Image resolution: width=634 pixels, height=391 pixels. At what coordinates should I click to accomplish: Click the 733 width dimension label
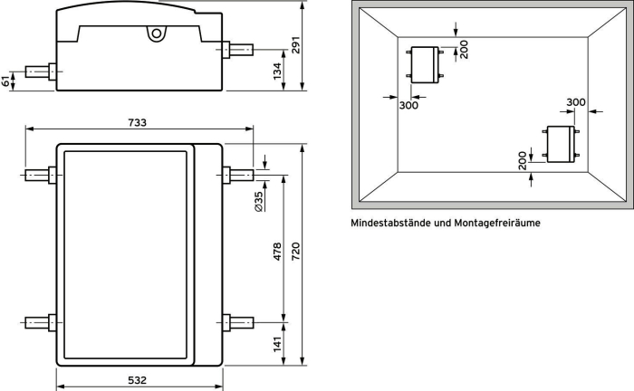(138, 122)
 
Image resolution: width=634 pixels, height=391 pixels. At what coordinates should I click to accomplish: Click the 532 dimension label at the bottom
(138, 380)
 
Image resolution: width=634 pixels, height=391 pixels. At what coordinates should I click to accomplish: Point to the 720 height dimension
(295, 251)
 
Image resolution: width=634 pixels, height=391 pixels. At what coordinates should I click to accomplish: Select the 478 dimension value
(277, 251)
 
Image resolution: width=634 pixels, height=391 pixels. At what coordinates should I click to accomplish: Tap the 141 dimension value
(277, 344)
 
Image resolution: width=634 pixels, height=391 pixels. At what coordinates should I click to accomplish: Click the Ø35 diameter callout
(259, 201)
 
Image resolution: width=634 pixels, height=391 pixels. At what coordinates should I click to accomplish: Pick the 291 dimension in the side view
(295, 45)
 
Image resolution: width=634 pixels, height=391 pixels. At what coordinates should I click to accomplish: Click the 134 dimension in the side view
(277, 72)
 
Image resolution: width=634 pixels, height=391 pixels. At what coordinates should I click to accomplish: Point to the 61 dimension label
(5, 81)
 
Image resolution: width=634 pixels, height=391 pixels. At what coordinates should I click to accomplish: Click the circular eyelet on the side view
(157, 33)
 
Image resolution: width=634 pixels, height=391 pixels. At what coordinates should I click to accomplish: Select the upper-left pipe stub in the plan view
(41, 176)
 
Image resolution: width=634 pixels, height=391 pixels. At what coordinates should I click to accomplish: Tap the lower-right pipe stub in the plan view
(237, 323)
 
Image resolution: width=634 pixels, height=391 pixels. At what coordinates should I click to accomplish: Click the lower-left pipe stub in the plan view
(41, 323)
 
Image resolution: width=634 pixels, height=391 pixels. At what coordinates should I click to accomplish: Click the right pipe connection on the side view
(237, 50)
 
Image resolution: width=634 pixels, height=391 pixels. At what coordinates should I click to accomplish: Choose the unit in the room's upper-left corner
(425, 64)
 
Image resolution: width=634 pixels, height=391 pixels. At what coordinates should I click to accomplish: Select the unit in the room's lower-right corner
(561, 144)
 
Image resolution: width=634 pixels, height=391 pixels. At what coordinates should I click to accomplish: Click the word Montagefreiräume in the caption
(497, 223)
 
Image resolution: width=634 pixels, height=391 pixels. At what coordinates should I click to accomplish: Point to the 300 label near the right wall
(576, 102)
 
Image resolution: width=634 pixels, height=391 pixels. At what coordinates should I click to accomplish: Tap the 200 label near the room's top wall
(464, 49)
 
